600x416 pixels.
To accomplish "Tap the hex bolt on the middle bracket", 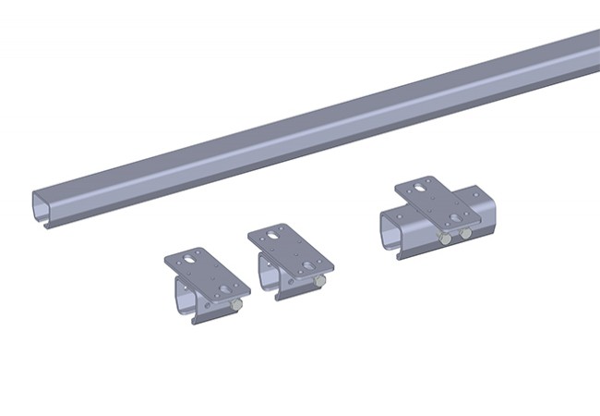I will tap(318, 280).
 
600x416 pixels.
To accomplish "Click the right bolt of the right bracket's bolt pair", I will tap(465, 234).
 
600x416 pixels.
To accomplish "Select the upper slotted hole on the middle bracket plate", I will tap(273, 236).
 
